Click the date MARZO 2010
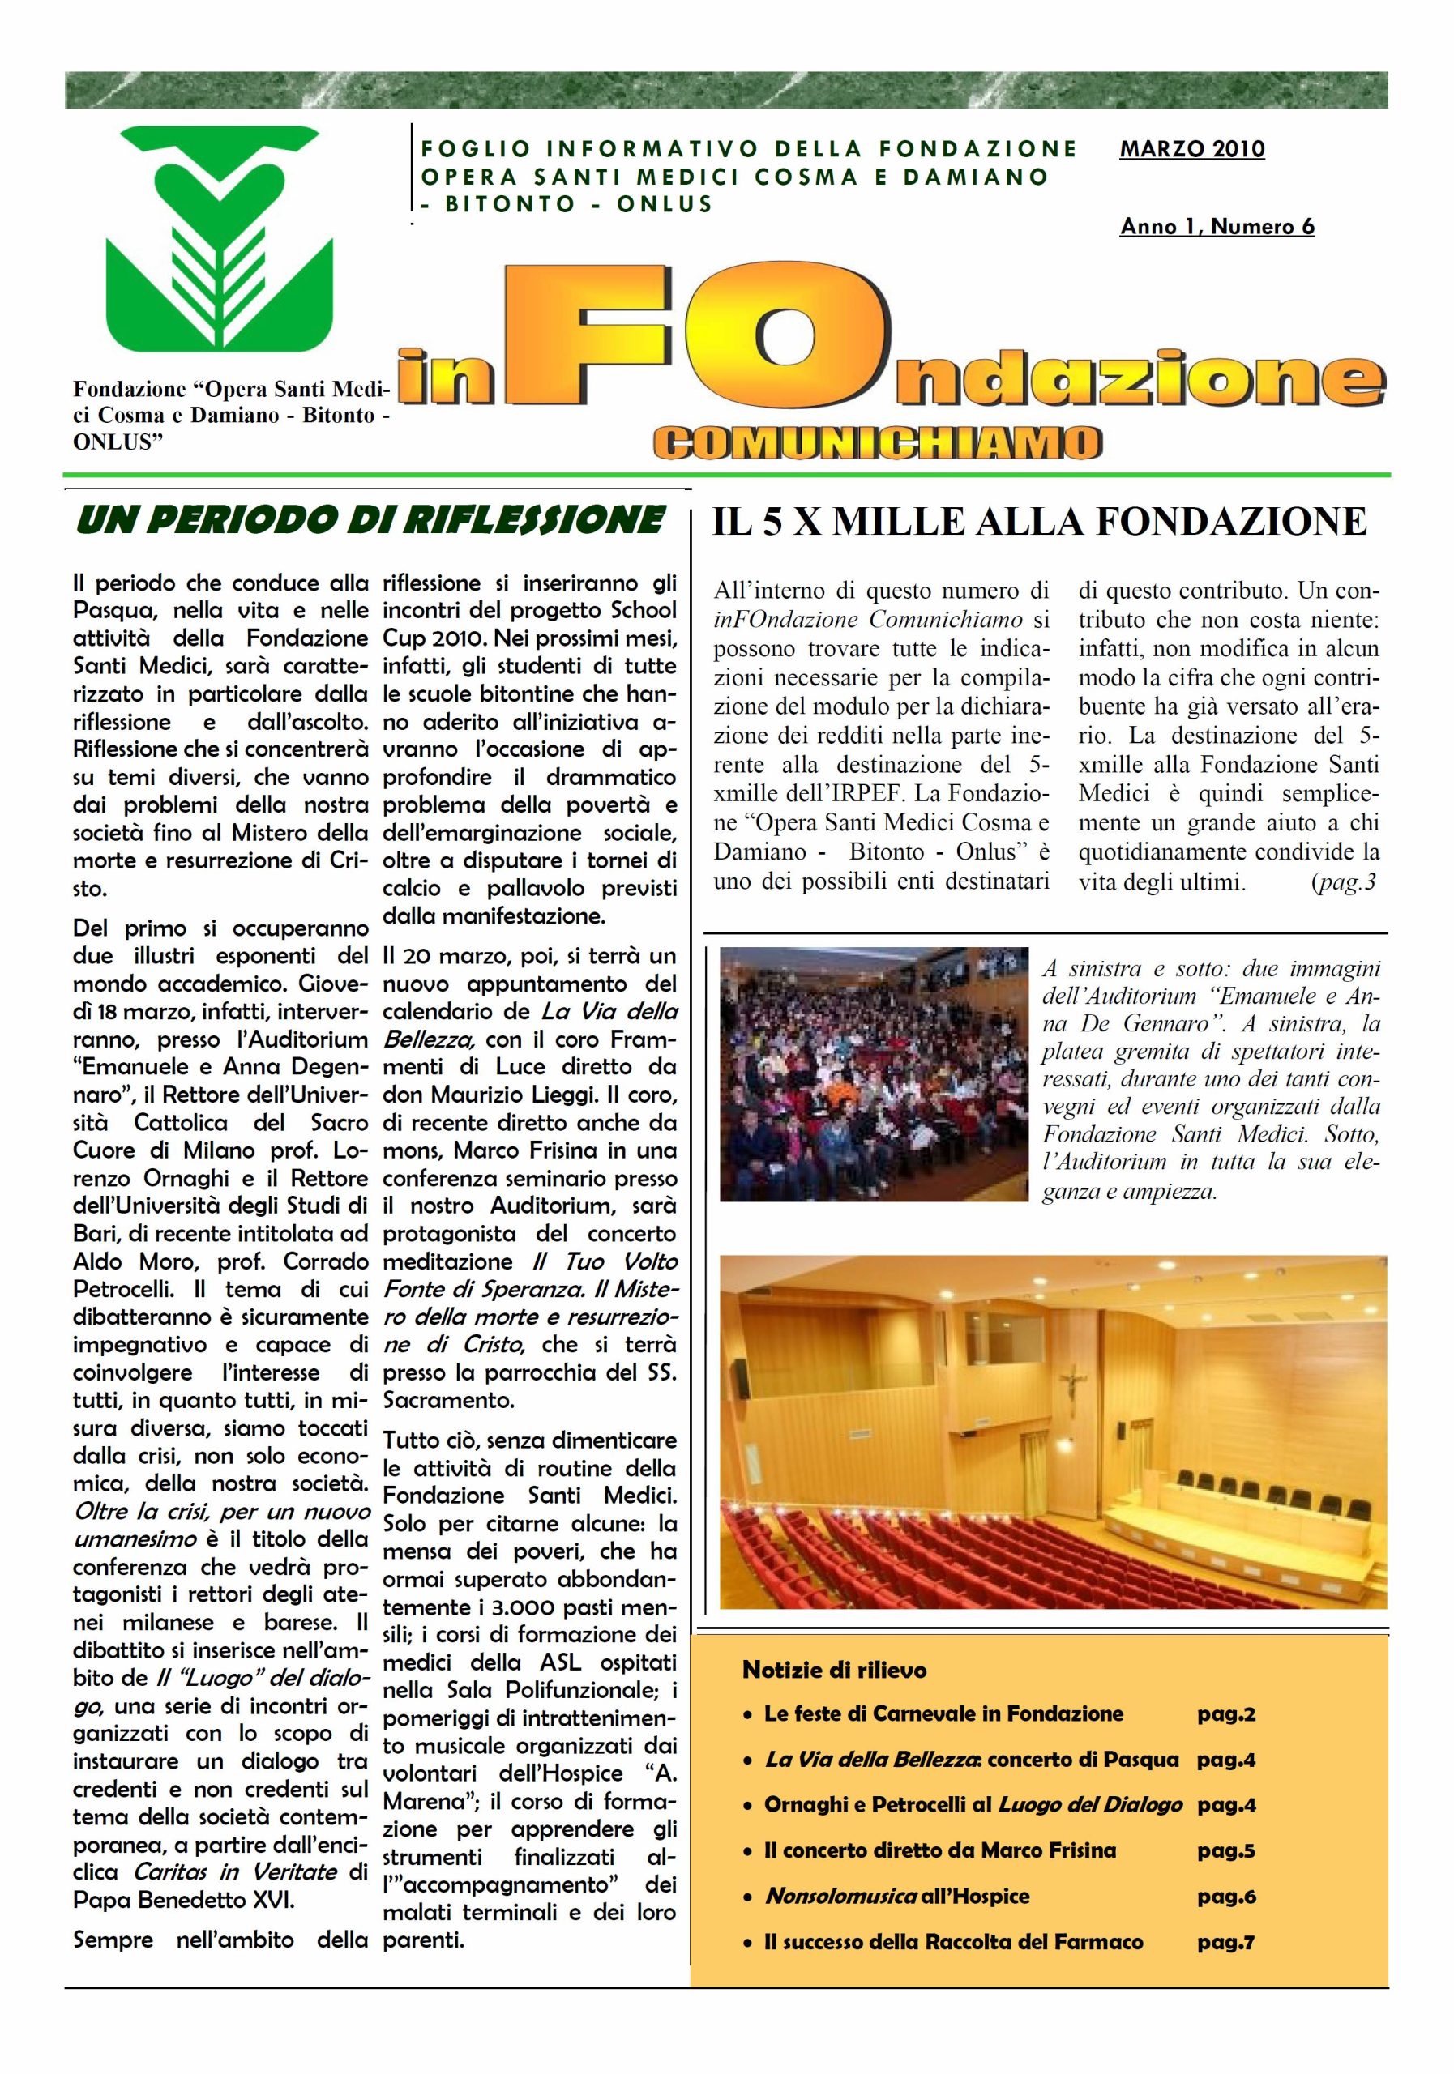click(x=1191, y=150)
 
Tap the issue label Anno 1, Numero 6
click(x=1217, y=227)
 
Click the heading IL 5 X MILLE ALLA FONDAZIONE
click(x=1039, y=522)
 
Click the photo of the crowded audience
click(x=874, y=1074)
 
